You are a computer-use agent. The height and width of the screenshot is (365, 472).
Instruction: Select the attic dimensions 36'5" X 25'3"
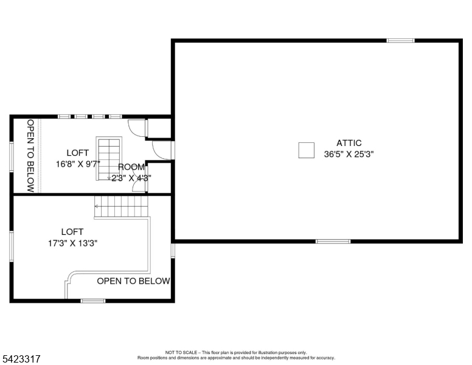coord(349,155)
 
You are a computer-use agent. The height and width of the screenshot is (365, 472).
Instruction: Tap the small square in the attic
coord(306,150)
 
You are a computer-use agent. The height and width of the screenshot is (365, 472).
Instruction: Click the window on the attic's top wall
coord(400,41)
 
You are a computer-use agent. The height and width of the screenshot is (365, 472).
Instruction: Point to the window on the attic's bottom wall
coord(333,242)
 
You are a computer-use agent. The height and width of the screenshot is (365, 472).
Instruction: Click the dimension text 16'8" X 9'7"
coord(78,164)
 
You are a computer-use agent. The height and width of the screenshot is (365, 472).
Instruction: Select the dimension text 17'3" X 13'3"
coord(72,243)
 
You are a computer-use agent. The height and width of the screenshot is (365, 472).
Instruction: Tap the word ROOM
coord(131,167)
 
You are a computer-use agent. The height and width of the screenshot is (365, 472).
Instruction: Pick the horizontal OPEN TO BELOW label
coord(133,281)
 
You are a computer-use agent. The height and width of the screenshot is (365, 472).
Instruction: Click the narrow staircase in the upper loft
coord(109,158)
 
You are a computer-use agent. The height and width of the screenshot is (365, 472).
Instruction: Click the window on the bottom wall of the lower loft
coord(93,301)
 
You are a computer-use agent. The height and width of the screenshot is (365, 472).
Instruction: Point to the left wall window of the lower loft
coord(11,246)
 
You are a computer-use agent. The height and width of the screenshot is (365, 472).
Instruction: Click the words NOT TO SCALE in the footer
coord(180,353)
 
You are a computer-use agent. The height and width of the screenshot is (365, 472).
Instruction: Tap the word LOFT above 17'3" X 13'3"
coord(72,232)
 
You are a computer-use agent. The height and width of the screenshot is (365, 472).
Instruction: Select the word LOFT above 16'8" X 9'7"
coord(78,153)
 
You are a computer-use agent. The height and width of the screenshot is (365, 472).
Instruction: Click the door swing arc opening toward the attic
coord(159,149)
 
